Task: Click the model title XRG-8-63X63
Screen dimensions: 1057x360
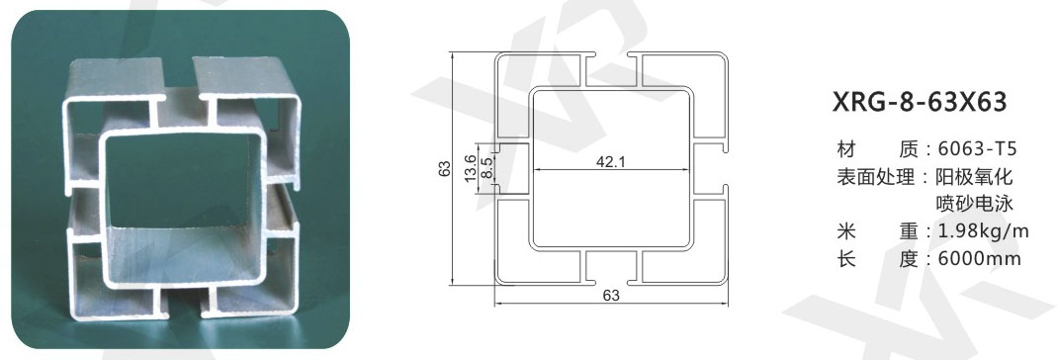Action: (920, 103)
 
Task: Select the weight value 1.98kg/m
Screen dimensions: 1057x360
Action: (983, 231)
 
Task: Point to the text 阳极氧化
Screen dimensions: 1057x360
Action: (975, 177)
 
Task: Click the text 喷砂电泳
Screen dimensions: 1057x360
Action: (975, 204)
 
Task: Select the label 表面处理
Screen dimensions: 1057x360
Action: (875, 177)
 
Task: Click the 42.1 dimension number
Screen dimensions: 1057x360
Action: (610, 161)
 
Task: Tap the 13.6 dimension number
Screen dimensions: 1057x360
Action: (471, 168)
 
